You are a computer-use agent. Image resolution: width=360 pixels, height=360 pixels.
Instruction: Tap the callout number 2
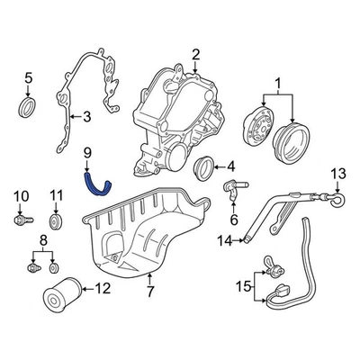(195, 55)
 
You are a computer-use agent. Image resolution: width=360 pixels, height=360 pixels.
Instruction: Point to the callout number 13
(338, 174)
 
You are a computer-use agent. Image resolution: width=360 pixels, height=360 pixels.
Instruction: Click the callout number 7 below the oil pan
(149, 291)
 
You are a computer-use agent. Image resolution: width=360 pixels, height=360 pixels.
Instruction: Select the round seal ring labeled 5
(29, 110)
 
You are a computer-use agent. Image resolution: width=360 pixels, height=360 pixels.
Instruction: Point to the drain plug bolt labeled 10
(22, 220)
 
